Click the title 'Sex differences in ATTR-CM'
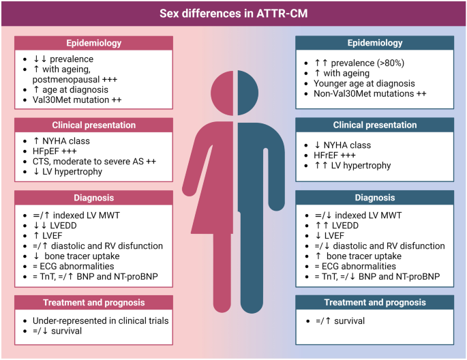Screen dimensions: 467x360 pos(233,14)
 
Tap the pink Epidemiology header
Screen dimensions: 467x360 pos(93,43)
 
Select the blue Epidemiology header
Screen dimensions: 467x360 pos(375,43)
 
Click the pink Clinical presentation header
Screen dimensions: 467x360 pos(93,125)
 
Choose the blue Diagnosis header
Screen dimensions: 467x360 pos(375,198)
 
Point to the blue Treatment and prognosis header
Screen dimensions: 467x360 pos(375,302)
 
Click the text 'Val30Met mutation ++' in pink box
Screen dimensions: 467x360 pos(77,100)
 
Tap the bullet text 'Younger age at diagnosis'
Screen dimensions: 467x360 pos(364,83)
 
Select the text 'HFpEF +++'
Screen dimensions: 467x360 pos(55,151)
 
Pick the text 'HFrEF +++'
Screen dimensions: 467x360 pos(335,155)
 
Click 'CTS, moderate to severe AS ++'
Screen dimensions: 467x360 pos(94,162)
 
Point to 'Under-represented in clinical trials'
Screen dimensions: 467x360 pos(100,320)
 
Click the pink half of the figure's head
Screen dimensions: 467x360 pos(222,93)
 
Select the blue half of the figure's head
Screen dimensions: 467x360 pos(248,93)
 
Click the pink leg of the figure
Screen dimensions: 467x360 pos(222,273)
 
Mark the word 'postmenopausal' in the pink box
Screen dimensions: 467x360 pos(66,80)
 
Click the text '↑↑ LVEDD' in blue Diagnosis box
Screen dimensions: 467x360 pos(337,226)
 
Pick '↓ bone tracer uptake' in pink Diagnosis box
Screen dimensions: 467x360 pos(76,256)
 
